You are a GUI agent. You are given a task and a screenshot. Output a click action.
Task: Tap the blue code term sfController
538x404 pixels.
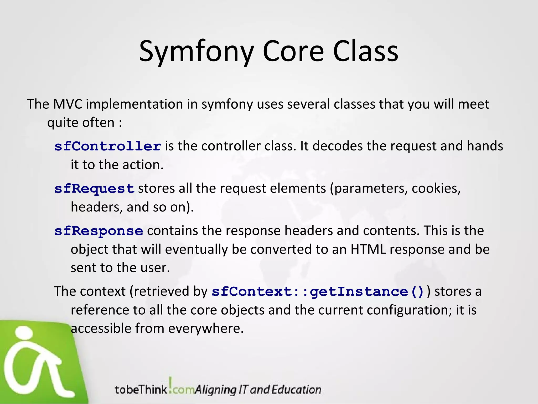pyautogui.click(x=108, y=146)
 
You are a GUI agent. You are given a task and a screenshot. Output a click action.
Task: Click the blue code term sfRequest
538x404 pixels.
pyautogui.click(x=95, y=189)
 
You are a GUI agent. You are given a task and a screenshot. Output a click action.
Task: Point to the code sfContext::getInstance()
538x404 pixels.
pyautogui.click(x=318, y=292)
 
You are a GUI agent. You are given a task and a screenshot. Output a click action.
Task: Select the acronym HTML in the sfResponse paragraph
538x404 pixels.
pyautogui.click(x=368, y=249)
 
